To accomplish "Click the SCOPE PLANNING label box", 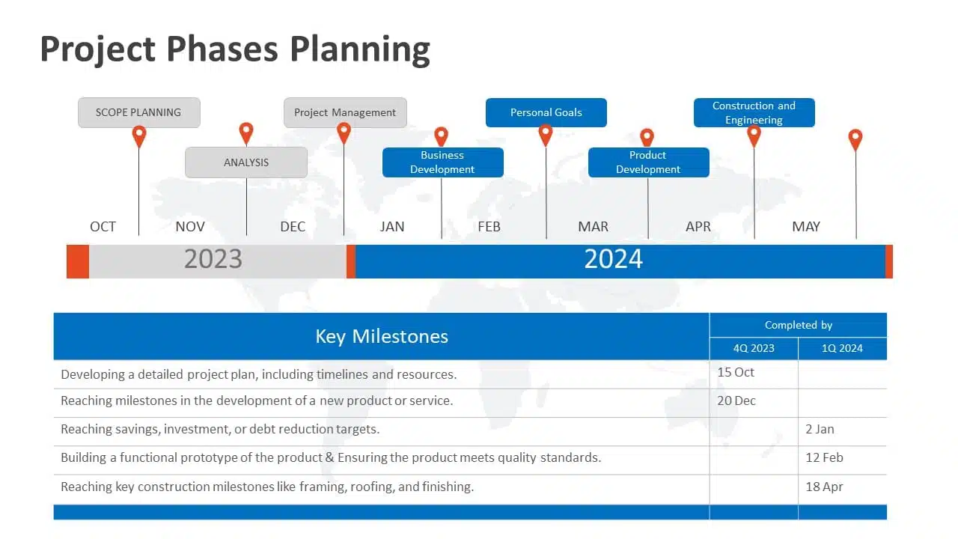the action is pos(139,112).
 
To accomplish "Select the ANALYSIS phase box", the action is pos(246,162).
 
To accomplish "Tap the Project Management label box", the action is pos(345,112).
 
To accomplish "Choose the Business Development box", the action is pos(442,162).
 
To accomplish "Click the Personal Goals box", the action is pos(546,112).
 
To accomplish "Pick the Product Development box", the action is pos(648,162).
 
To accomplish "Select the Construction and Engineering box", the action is pos(754,112).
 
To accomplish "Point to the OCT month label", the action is pos(103,226).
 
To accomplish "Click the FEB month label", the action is pos(489,226).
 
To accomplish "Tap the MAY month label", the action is pos(806,226).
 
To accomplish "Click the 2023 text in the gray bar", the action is pos(213,259).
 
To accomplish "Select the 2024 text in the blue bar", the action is pos(613,259).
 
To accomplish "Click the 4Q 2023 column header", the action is pos(754,348).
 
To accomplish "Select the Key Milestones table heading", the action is pos(382,336).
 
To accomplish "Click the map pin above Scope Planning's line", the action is pos(139,136).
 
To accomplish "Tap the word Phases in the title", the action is pos(222,49).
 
